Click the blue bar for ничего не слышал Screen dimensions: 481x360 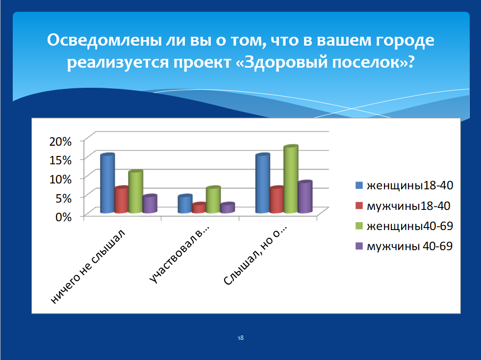click(x=107, y=183)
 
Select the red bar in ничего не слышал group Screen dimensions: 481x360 click(x=122, y=200)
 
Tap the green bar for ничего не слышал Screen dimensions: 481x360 click(x=136, y=191)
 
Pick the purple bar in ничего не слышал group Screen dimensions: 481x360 click(x=150, y=204)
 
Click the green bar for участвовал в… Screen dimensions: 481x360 click(x=213, y=200)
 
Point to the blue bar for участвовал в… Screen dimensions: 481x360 click(x=185, y=204)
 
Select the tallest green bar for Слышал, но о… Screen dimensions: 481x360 click(x=291, y=179)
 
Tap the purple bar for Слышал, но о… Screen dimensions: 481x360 click(x=305, y=197)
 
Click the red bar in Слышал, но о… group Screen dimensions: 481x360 click(x=277, y=200)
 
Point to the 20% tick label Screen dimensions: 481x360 click(x=60, y=141)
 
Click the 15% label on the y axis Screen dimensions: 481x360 click(x=60, y=160)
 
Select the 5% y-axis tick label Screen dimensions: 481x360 click(x=64, y=198)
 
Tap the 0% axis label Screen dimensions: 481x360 click(x=64, y=217)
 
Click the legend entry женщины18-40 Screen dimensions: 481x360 click(x=405, y=185)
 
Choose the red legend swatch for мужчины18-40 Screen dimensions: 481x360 click(x=359, y=206)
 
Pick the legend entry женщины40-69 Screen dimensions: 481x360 click(x=405, y=226)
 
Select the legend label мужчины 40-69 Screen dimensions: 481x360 click(x=409, y=246)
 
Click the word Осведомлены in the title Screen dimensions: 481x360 click(x=104, y=40)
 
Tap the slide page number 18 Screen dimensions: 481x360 click(x=240, y=338)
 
